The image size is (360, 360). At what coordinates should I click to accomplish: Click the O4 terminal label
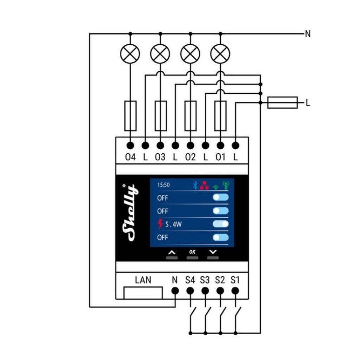[x=130, y=157]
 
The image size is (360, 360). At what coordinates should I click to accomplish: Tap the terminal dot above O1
[x=220, y=145]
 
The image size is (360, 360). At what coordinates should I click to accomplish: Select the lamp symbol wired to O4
[x=130, y=54]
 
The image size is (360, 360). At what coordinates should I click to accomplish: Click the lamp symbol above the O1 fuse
[x=220, y=54]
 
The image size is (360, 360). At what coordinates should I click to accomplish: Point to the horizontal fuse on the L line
[x=282, y=103]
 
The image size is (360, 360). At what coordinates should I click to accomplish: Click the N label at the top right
[x=308, y=34]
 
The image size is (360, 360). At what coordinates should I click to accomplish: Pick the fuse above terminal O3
[x=160, y=116]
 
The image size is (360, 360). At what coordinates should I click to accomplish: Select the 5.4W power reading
[x=173, y=224]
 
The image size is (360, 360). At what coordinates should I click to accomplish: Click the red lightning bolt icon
[x=161, y=224]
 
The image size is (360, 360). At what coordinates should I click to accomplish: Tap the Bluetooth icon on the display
[x=196, y=186]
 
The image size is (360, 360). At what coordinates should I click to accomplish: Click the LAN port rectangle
[x=143, y=292]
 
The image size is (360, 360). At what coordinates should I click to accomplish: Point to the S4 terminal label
[x=190, y=280]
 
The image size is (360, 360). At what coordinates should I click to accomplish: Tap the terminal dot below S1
[x=236, y=291]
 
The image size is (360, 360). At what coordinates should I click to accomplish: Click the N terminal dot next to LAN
[x=175, y=291]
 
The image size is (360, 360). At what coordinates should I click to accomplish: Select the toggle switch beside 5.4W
[x=221, y=224]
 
